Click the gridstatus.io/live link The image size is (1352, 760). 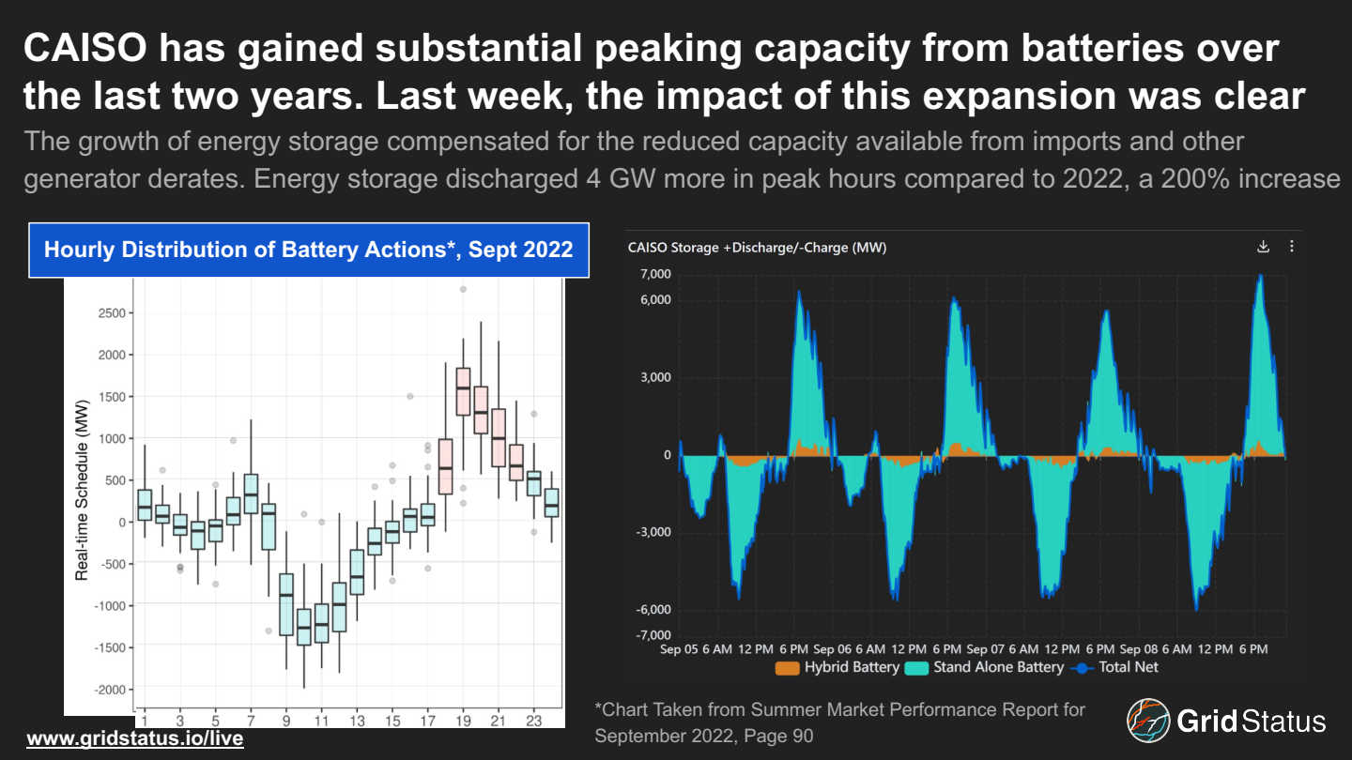[135, 738]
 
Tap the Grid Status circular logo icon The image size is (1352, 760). [1148, 721]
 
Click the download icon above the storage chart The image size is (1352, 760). [1263, 247]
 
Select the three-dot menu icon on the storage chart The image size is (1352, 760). [1292, 247]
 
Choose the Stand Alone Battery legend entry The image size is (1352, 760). [985, 667]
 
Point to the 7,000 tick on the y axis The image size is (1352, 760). [654, 274]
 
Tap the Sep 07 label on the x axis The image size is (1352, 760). [984, 649]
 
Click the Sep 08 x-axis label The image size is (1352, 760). [1138, 649]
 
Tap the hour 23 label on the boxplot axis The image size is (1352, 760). [533, 720]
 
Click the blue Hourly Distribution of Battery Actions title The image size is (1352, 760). [308, 251]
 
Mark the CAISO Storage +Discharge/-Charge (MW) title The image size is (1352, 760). [757, 248]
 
